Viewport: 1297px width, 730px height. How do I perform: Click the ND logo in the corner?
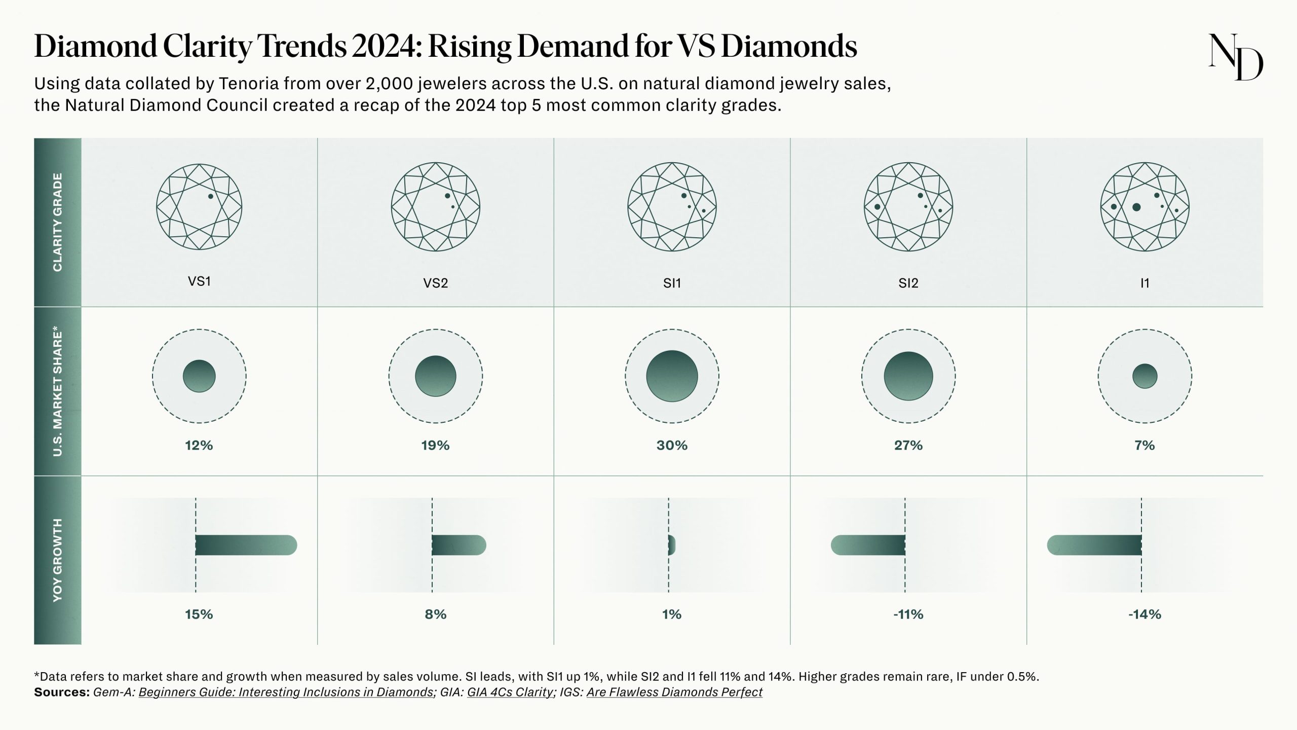tap(1235, 57)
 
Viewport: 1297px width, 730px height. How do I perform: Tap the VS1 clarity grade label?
tap(199, 281)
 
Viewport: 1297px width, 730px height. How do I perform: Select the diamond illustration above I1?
tap(1145, 207)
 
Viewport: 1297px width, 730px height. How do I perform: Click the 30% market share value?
tap(672, 445)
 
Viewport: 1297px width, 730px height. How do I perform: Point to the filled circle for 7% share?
tap(1145, 376)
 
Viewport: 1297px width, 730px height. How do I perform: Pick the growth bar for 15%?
tap(246, 545)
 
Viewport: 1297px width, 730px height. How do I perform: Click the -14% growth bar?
tap(1094, 545)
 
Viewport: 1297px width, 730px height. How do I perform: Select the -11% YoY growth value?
tap(908, 614)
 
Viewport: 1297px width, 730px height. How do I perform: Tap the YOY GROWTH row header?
tap(58, 560)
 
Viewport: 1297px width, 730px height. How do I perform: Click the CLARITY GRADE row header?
tap(58, 222)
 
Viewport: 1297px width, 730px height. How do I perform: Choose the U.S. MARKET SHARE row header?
tap(58, 391)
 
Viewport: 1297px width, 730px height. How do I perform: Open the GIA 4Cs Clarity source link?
tap(510, 692)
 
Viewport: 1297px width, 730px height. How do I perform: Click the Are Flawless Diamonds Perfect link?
tap(674, 692)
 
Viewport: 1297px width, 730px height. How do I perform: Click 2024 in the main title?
tap(386, 46)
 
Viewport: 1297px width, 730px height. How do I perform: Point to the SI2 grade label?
tap(908, 283)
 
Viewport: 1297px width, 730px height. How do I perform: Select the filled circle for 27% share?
tap(908, 376)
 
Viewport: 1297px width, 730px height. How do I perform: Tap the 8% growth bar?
tap(459, 545)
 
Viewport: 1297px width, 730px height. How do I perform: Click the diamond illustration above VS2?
tap(436, 207)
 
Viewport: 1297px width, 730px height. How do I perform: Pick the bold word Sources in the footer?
tap(61, 692)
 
